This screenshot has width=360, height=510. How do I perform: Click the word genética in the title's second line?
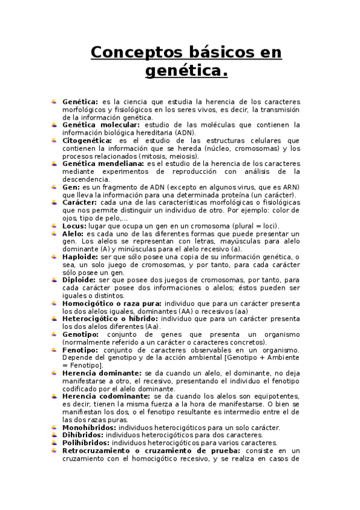[x=186, y=72]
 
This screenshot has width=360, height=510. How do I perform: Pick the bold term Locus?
[x=75, y=226]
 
